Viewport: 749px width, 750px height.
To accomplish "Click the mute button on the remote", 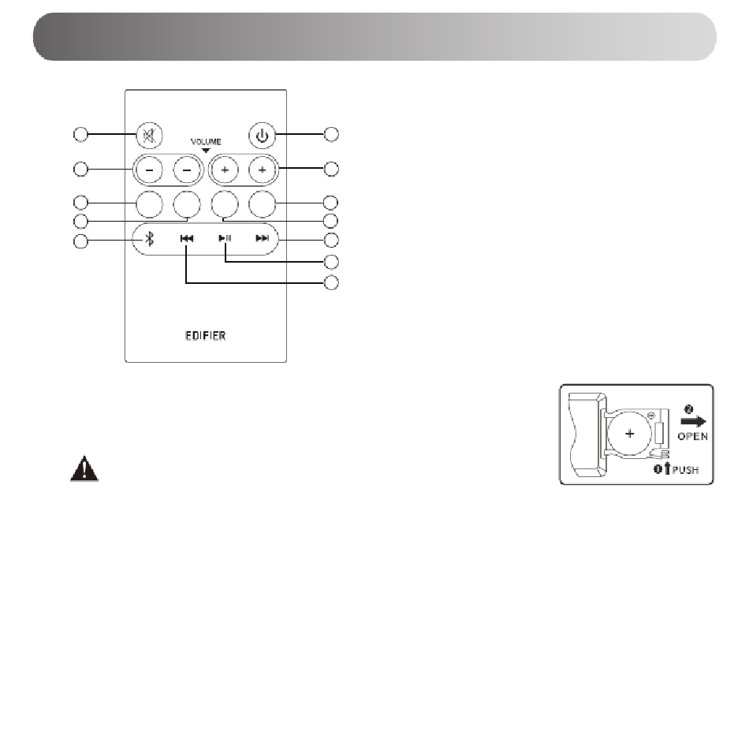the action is tap(149, 136).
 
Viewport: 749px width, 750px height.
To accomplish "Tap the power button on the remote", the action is tap(262, 136).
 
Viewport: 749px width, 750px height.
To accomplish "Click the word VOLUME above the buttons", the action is tap(206, 142).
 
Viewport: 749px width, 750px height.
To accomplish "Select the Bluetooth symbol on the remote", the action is tap(150, 238).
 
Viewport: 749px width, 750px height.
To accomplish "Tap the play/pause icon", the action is tap(225, 238).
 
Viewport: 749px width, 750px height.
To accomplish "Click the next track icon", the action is tap(262, 238).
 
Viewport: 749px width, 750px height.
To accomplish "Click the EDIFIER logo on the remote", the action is tap(205, 336).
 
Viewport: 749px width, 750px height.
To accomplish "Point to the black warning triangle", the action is tap(84, 468).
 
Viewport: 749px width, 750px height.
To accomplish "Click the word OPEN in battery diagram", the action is tap(692, 436).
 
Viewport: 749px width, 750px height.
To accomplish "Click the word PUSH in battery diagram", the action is tap(685, 470).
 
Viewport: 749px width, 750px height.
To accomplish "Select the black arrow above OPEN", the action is tap(694, 421).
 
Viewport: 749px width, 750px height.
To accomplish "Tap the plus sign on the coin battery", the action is tap(630, 434).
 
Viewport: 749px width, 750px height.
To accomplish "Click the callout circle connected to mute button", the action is tap(81, 134).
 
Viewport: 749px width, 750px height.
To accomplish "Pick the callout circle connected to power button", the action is tap(331, 134).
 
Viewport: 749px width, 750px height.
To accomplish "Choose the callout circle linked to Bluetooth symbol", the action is tap(81, 241).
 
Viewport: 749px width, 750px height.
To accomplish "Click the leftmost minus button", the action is tap(149, 170).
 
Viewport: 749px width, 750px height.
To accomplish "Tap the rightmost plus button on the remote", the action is tap(262, 170).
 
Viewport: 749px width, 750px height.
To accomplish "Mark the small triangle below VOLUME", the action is tap(206, 151).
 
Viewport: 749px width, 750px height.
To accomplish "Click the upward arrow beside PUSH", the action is tap(668, 469).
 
